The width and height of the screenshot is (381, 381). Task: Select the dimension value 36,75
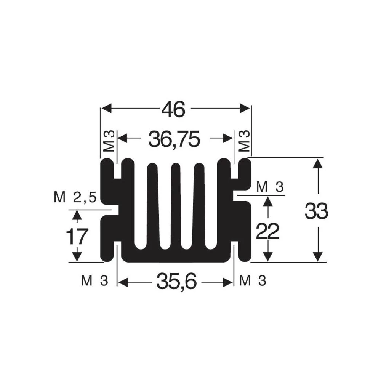174,139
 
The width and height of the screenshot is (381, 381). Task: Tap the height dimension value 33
316,211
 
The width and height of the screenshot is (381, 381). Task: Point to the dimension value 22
267,231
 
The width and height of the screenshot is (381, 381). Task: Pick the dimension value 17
77,237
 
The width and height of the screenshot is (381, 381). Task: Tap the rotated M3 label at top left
109,141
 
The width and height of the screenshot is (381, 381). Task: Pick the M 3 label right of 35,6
253,281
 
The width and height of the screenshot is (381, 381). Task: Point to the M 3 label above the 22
270,187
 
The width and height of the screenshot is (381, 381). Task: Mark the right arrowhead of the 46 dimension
245,108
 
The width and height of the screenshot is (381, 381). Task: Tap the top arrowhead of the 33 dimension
318,163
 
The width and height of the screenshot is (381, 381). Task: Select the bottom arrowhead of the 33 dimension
318,257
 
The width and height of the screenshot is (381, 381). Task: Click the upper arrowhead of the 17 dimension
77,215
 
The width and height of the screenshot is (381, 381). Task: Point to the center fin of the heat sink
176,206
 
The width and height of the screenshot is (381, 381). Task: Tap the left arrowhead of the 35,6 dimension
123,282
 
